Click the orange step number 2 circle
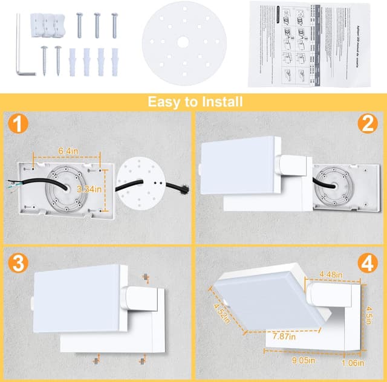point(367,125)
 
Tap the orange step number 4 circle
point(367,264)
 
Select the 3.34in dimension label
point(91,189)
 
